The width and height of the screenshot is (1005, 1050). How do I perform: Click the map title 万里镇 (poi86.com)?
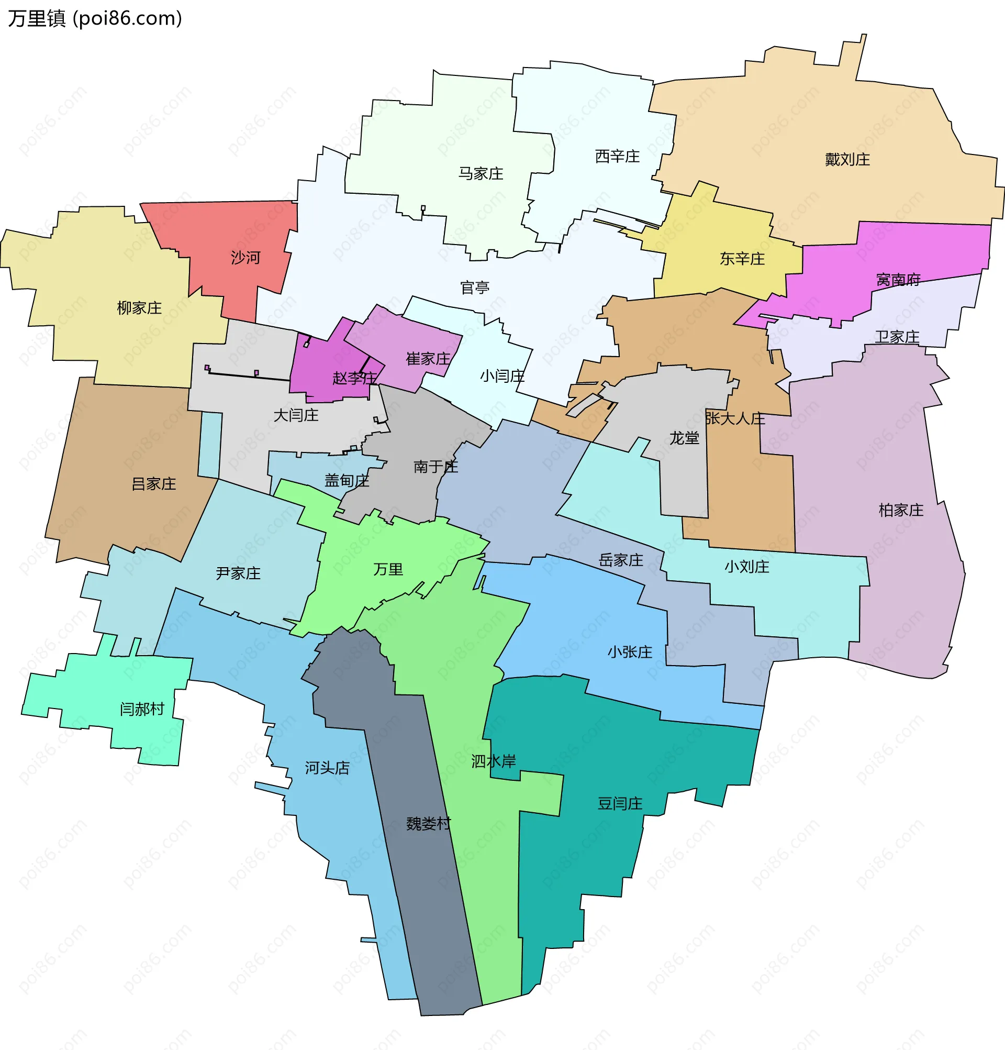[x=95, y=19]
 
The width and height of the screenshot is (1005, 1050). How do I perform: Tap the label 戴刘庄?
[x=847, y=160]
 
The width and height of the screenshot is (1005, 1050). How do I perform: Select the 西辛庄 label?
[x=617, y=157]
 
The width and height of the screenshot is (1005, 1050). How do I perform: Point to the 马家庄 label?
[x=481, y=173]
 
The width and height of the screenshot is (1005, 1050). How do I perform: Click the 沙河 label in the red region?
[x=245, y=258]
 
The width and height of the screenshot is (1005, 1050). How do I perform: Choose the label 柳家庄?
[x=139, y=308]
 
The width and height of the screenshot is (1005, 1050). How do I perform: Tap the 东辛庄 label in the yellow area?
[x=742, y=259]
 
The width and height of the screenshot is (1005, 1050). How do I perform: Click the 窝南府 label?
[x=898, y=280]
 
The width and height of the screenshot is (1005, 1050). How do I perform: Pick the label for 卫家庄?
[x=897, y=337]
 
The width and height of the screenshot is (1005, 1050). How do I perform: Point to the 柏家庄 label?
[x=901, y=510]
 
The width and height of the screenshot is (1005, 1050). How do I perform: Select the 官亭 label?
[x=475, y=288]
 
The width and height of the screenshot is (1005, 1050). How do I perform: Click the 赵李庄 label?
[x=354, y=378]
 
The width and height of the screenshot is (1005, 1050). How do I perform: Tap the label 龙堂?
[x=684, y=438]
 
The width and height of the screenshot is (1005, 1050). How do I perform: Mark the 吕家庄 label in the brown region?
[x=154, y=484]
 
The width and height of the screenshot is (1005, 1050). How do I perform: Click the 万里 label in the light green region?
[x=388, y=569]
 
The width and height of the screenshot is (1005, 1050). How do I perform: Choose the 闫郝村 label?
[x=142, y=709]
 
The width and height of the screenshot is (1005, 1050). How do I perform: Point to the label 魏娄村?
[x=428, y=823]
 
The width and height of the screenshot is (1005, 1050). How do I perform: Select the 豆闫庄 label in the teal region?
[x=620, y=803]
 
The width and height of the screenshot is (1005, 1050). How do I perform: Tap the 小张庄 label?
[x=630, y=652]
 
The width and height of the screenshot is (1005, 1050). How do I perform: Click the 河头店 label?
[x=327, y=768]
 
